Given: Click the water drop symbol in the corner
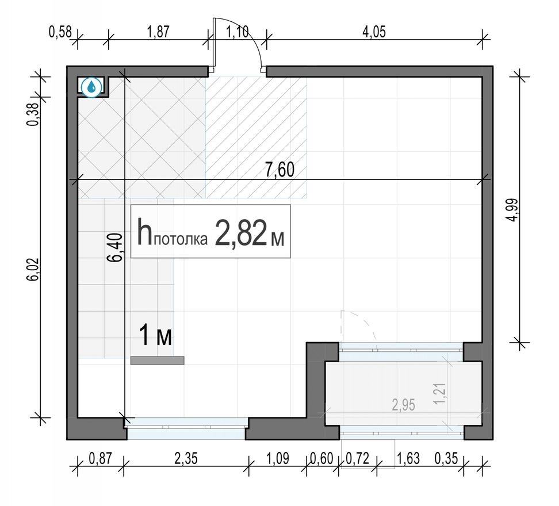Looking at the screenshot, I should point(91,87).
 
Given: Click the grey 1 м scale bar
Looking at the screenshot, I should point(157,361).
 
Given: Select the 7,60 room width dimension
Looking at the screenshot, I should point(279,171).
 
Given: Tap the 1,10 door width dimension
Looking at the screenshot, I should point(238,32).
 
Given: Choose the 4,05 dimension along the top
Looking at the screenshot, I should point(373,32).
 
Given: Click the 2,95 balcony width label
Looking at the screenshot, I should point(404,405).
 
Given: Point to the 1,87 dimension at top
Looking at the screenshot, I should point(158,32).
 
